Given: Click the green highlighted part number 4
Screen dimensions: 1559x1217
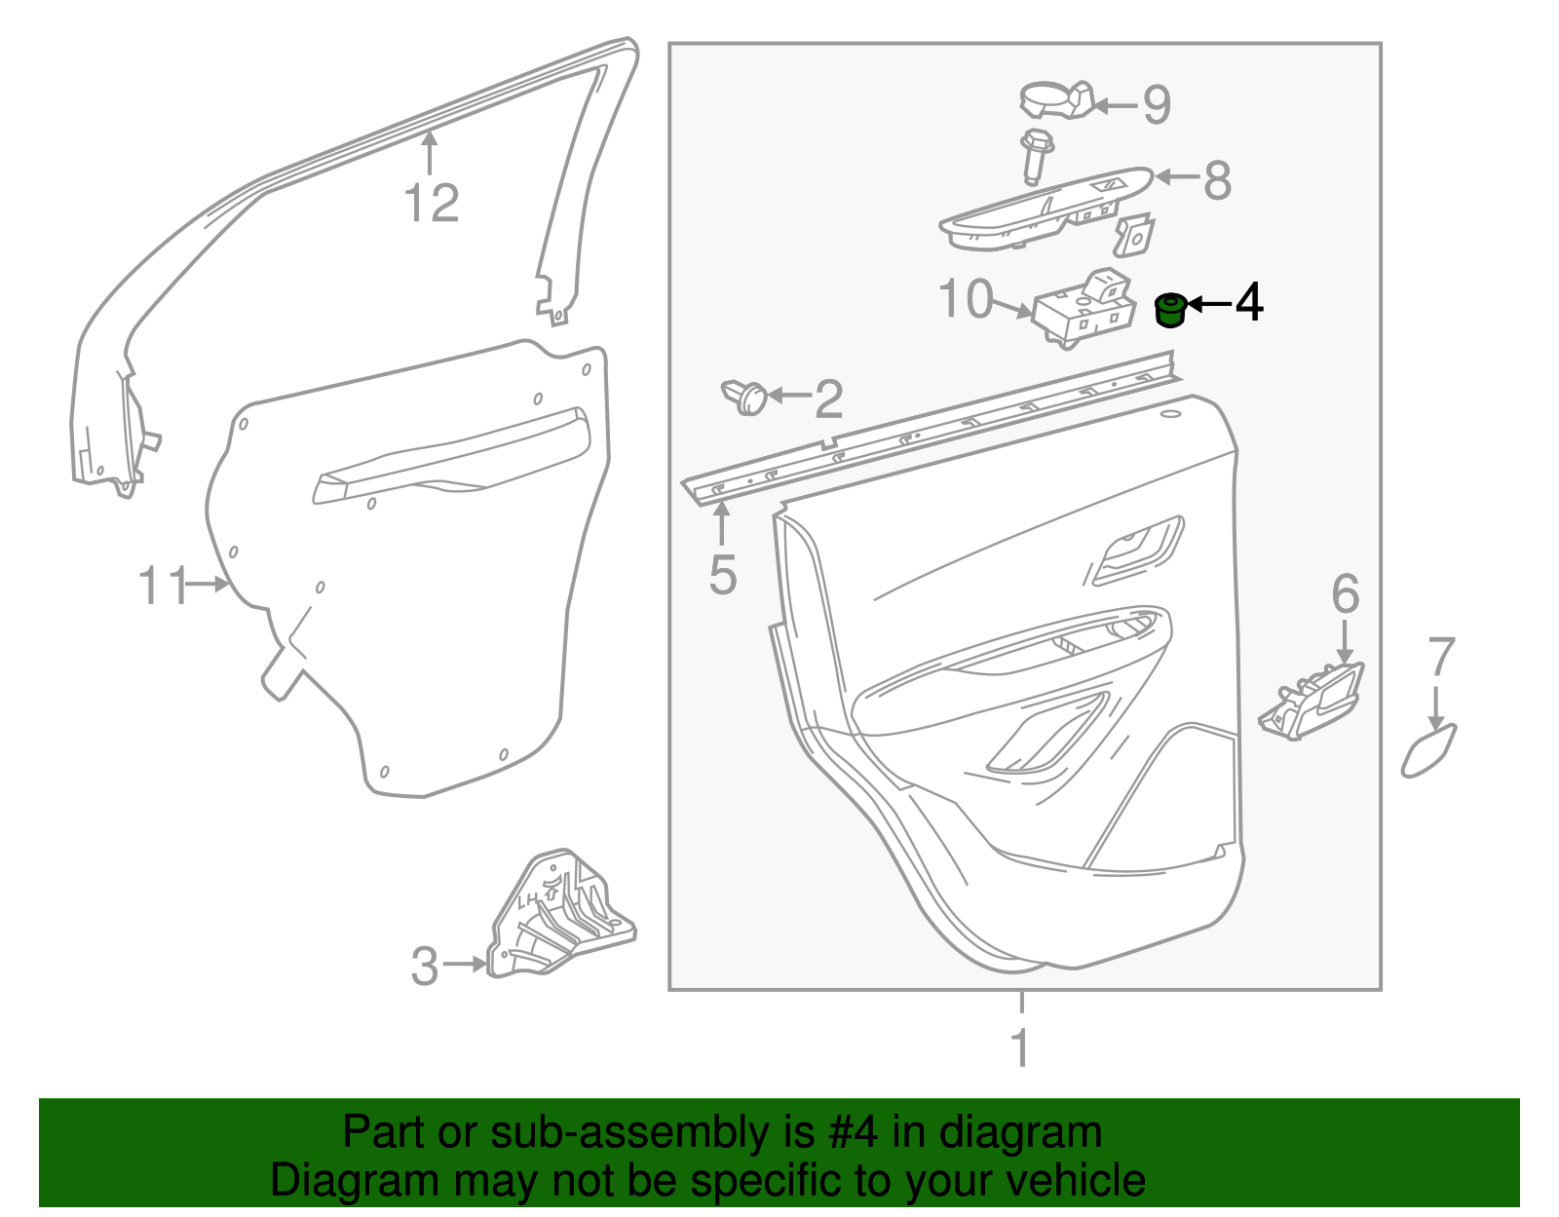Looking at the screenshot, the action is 1170,311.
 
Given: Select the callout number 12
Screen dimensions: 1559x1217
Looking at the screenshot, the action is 432,203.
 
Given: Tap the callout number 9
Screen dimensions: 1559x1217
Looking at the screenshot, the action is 1157,104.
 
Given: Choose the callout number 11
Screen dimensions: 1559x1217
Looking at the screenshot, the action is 162,586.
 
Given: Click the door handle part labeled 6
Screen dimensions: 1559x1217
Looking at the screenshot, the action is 1312,701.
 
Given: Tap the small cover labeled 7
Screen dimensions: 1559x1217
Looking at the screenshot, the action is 1428,750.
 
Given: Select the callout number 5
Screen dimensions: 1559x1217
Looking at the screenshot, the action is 722,575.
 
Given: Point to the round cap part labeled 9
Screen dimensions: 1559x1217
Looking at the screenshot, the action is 1057,99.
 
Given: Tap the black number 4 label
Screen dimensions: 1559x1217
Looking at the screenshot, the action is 1249,302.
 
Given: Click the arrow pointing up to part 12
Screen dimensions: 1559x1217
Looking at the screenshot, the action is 429,154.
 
